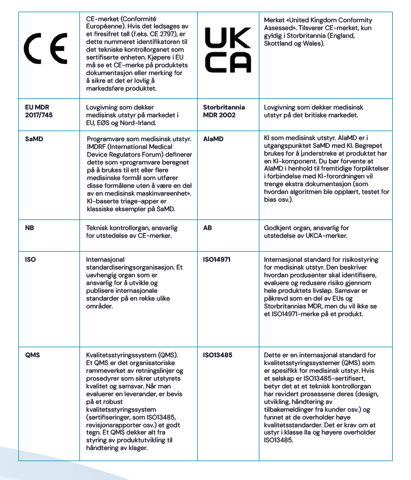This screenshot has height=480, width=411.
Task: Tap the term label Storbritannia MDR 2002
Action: click(x=224, y=111)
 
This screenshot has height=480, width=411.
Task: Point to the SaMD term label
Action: click(x=34, y=139)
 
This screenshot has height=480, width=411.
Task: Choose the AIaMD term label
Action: click(x=214, y=139)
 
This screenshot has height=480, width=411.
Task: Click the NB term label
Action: click(x=30, y=228)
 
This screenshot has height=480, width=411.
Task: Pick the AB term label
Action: click(x=208, y=228)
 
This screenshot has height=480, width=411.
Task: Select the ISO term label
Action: click(x=31, y=259)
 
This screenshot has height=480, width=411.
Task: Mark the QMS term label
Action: click(x=33, y=355)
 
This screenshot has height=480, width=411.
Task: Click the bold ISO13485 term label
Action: click(x=218, y=355)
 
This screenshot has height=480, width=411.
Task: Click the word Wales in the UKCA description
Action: click(x=312, y=43)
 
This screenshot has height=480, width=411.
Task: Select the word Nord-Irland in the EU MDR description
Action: click(x=138, y=123)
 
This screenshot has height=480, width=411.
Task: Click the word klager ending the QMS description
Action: click(x=136, y=449)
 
